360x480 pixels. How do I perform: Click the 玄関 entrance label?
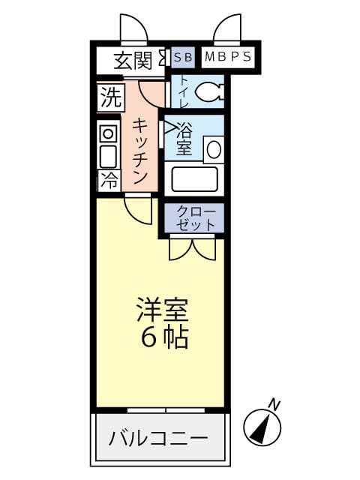point(133,60)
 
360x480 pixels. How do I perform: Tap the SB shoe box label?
point(183,56)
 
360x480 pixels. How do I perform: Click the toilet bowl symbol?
point(208,92)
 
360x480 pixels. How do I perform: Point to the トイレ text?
point(181,93)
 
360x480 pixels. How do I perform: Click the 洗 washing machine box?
point(109,97)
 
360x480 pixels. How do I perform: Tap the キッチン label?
point(139,151)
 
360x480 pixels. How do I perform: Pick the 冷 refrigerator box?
point(109,180)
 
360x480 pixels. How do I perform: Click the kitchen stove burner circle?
point(109,134)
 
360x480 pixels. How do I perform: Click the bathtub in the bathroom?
point(194,178)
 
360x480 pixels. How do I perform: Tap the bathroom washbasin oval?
point(214,148)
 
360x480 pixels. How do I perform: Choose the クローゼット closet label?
point(196,217)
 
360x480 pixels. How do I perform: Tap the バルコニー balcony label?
point(158,438)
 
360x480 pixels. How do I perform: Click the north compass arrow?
point(262,427)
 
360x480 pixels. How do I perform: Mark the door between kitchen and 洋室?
point(139,208)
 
